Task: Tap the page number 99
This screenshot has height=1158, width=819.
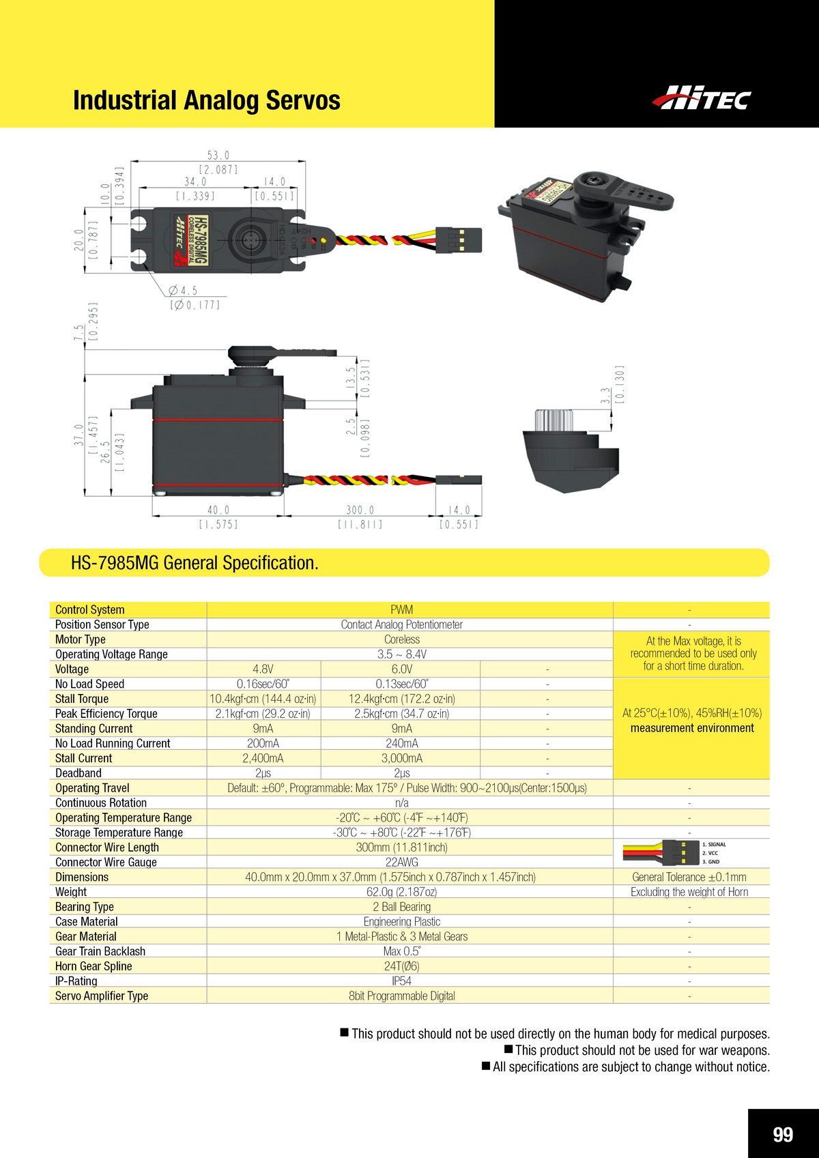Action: [783, 1134]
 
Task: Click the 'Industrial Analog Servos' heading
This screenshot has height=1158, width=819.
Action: [206, 100]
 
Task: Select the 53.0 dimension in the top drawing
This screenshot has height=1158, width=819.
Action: [218, 156]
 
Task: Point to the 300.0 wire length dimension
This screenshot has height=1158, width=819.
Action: [360, 510]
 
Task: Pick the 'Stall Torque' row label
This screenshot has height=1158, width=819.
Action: [82, 699]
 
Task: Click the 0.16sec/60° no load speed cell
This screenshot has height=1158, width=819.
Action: [263, 684]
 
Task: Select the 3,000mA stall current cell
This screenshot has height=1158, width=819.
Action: [401, 758]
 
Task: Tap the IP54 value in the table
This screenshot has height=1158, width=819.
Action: [401, 981]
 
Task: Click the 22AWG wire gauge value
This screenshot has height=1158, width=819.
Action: [401, 862]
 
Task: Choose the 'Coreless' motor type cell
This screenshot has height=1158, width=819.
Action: [401, 639]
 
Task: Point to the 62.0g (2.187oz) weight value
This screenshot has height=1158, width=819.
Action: [401, 892]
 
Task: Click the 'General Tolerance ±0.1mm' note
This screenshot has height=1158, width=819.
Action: [689, 877]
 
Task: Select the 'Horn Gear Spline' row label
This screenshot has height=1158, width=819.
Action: [94, 966]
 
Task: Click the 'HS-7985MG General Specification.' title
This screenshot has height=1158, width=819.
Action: [195, 563]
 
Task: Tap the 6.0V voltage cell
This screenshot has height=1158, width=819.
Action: [401, 669]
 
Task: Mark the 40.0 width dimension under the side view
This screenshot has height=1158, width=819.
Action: [218, 510]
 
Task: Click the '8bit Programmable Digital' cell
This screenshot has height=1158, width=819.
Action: [401, 996]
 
